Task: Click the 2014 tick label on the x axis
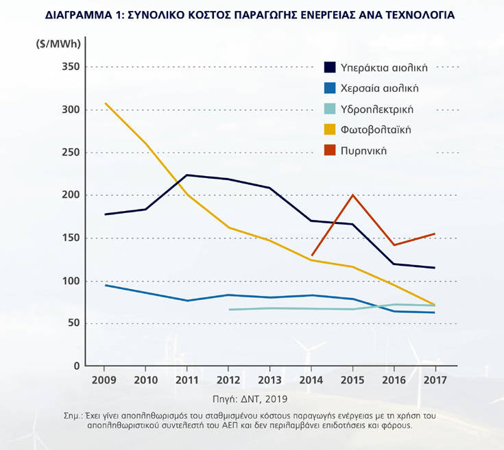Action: pyautogui.click(x=311, y=379)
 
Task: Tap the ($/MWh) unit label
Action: pyautogui.click(x=58, y=44)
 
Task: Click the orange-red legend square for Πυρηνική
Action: pyautogui.click(x=330, y=150)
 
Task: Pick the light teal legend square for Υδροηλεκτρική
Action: pyautogui.click(x=330, y=109)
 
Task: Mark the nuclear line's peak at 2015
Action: pyautogui.click(x=353, y=195)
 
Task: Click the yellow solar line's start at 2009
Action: pyautogui.click(x=105, y=103)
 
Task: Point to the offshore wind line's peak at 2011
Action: pyautogui.click(x=187, y=175)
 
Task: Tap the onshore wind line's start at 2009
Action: pyautogui.click(x=105, y=285)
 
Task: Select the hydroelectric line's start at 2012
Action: pyautogui.click(x=228, y=310)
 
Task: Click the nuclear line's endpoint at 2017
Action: pyautogui.click(x=435, y=234)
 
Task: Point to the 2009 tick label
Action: pyautogui.click(x=104, y=379)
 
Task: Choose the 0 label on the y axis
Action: pyautogui.click(x=77, y=366)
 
